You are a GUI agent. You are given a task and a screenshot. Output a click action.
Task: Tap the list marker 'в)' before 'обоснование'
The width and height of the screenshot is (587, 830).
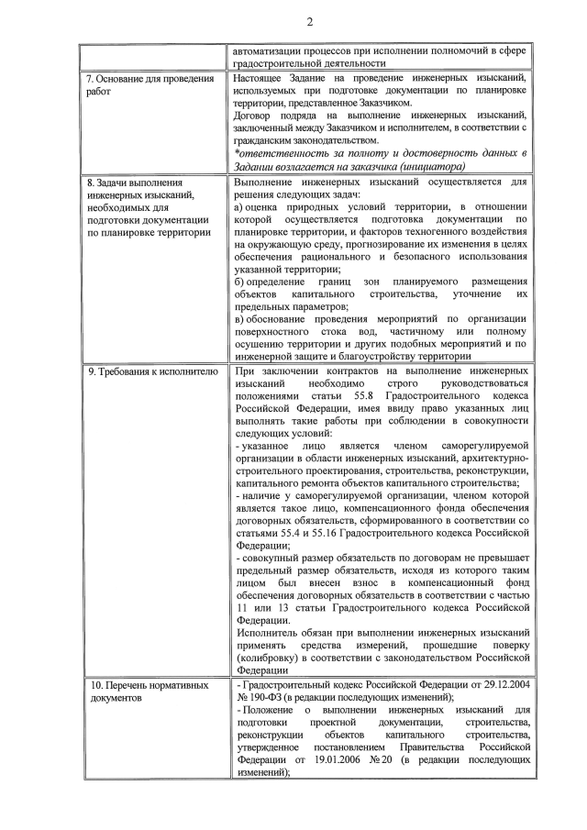(x=241, y=319)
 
